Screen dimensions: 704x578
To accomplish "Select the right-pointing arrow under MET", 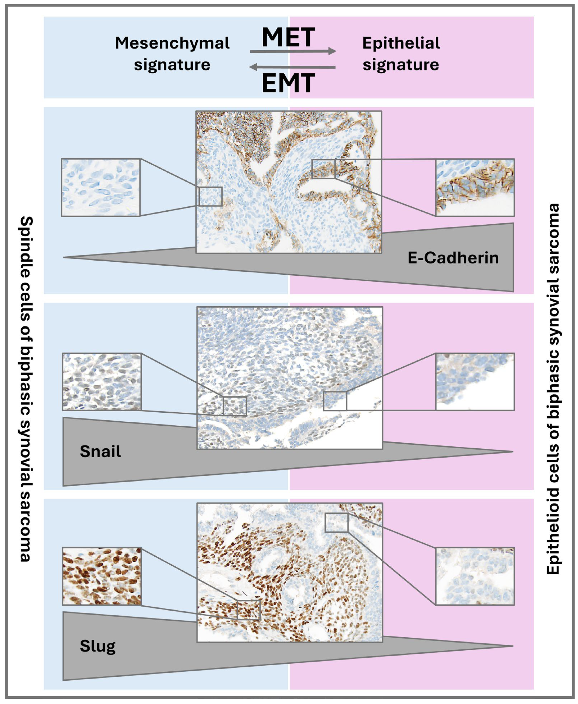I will click(293, 51).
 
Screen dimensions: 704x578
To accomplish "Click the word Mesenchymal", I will click(172, 43).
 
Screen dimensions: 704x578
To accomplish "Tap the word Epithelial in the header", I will click(401, 43).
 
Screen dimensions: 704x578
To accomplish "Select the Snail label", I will click(100, 452).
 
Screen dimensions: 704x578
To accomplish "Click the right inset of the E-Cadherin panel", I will click(475, 187).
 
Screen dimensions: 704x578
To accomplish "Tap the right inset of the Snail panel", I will click(475, 382).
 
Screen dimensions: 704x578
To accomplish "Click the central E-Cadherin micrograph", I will click(289, 182).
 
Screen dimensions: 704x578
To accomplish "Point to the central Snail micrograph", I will click(290, 378).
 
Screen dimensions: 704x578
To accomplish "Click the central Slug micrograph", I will click(290, 572).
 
